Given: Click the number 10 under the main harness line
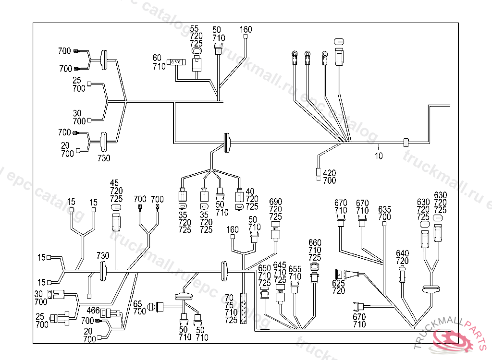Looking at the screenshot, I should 379,156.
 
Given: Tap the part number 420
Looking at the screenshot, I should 329,173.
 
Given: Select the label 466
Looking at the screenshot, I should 93,311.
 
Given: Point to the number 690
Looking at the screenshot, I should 276,202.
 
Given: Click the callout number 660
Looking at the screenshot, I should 315,242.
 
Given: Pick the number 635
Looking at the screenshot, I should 385,209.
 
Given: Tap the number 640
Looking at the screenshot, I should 403,253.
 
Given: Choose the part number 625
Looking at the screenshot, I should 339,283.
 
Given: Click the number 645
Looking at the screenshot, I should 280,264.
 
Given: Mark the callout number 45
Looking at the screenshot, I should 114,183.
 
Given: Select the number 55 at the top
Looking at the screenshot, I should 194,29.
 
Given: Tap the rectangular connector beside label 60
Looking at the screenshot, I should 175,62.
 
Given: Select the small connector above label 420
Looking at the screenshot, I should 319,173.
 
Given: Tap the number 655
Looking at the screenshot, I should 295,269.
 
